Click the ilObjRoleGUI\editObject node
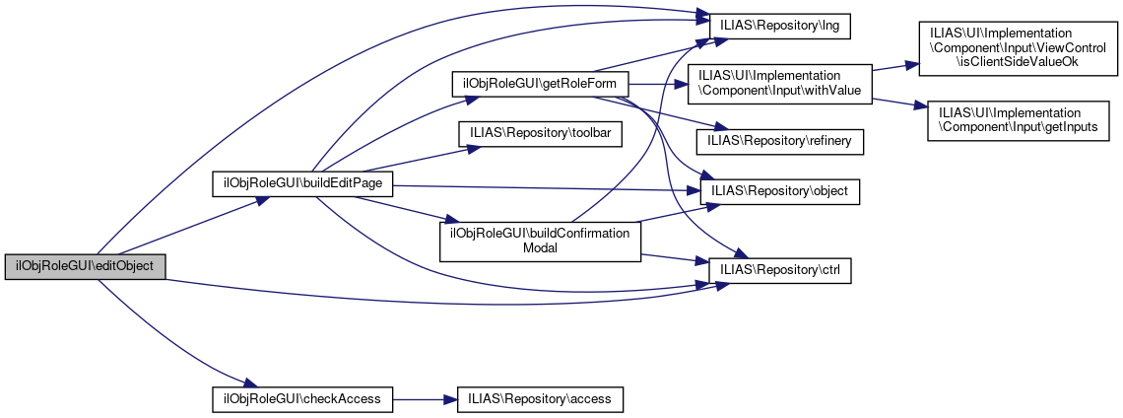pyautogui.click(x=85, y=267)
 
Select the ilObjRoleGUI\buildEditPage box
pyautogui.click(x=303, y=183)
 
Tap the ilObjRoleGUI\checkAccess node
pyautogui.click(x=303, y=399)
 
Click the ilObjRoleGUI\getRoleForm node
pyautogui.click(x=540, y=84)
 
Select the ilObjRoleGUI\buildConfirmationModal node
pyautogui.click(x=540, y=241)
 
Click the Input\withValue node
pyautogui.click(x=779, y=83)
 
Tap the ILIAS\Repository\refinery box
pyautogui.click(x=779, y=141)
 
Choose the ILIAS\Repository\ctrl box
pyautogui.click(x=779, y=267)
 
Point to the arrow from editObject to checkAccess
pyautogui.click(x=167, y=334)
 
